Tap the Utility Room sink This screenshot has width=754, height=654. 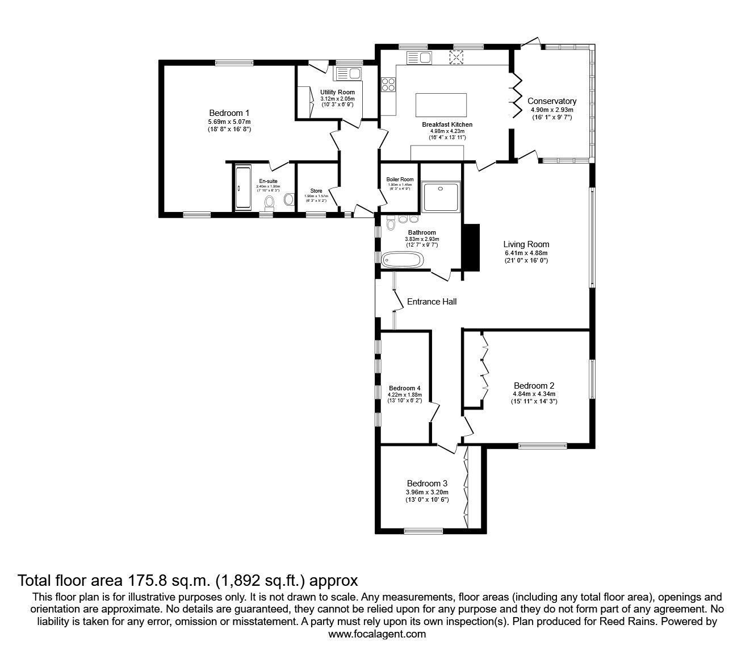coord(348,73)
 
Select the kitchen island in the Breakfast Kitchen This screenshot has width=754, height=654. coord(441,105)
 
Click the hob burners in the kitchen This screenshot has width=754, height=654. coord(388,85)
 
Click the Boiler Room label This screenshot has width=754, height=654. coord(400,179)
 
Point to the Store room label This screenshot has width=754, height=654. coord(316,191)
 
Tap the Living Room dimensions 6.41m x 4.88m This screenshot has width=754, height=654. coord(526,253)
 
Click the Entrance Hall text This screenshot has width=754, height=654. coord(432,302)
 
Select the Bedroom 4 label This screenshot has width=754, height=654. coord(404,388)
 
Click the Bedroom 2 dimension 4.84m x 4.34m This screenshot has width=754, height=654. coord(534,394)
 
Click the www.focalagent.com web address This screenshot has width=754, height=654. coord(377,634)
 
